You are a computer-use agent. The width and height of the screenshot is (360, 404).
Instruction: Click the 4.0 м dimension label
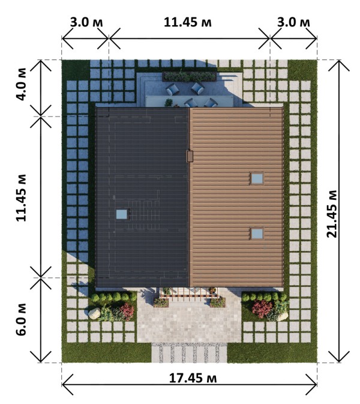22,84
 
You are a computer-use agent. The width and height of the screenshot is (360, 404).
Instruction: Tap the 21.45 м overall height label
332,214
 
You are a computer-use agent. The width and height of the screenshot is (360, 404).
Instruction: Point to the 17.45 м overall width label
193,379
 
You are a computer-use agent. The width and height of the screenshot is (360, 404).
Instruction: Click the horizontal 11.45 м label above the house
188,22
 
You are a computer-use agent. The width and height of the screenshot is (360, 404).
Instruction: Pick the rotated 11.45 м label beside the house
21,198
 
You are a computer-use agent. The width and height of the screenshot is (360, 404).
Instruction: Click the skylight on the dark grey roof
122,214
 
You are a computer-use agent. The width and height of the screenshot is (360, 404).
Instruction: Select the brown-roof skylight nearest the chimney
257,178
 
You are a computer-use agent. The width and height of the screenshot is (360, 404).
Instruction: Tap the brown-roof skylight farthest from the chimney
257,234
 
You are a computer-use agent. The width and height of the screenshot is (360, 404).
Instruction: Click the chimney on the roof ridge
190,156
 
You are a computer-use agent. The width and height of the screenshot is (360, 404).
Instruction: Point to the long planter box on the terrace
190,76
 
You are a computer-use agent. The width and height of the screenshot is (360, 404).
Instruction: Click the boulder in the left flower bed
94,313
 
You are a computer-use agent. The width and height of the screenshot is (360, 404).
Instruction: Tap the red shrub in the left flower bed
127,311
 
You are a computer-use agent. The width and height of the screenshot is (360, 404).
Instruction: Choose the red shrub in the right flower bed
262,308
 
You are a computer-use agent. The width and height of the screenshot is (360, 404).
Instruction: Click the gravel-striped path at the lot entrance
189,353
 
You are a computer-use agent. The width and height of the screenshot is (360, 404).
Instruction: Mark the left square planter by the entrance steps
161,303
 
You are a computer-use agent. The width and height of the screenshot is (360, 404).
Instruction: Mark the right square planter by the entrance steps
218,303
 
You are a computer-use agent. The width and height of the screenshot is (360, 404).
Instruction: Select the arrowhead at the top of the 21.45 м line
339,61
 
